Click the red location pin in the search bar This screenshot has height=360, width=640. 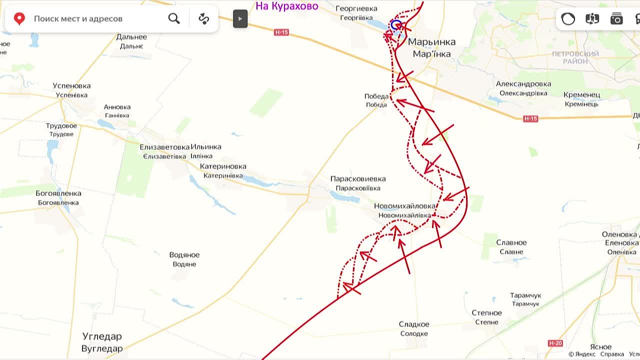(19, 19)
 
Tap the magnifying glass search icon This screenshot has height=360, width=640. (174, 19)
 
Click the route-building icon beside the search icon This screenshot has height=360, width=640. (203, 19)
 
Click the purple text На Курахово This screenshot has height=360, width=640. (286, 6)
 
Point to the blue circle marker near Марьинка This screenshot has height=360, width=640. (396, 25)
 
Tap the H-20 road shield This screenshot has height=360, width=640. (555, 343)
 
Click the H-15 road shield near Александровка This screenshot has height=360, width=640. (530, 118)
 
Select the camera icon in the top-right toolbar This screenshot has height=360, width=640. (616, 19)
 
